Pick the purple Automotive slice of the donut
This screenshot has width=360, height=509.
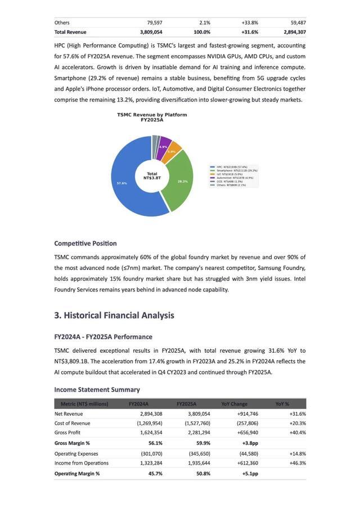(x=164, y=144)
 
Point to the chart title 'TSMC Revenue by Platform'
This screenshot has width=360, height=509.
(x=152, y=115)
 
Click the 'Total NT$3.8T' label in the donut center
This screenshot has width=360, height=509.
(x=152, y=176)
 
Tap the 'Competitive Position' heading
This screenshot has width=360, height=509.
(x=85, y=244)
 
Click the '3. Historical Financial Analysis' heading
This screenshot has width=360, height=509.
(x=114, y=316)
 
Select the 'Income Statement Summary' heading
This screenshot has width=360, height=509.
(x=97, y=389)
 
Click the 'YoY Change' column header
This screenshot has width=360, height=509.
(x=234, y=404)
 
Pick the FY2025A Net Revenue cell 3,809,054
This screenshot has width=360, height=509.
(x=197, y=413)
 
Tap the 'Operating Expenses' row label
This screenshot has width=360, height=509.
(x=76, y=453)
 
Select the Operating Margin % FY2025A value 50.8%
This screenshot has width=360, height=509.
(x=203, y=474)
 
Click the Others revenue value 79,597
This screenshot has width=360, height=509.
(x=151, y=22)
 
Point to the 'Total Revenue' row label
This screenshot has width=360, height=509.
(x=70, y=32)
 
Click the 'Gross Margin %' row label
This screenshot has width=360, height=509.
(x=72, y=443)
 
